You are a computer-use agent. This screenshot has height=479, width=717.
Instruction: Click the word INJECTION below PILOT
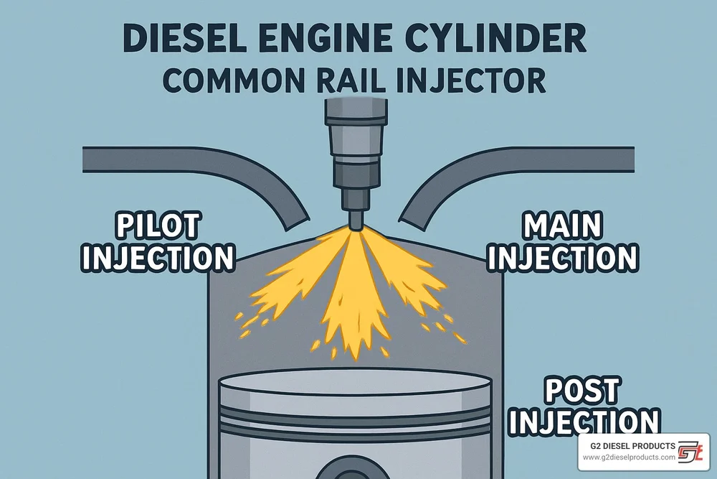click(x=157, y=258)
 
